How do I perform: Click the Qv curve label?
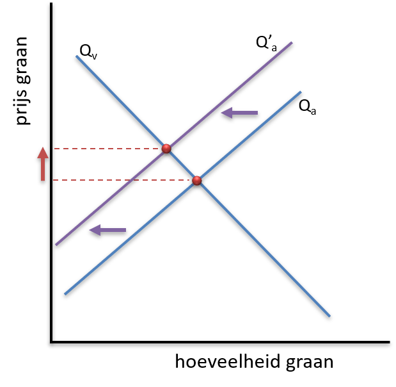click(88, 52)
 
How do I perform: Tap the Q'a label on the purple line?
click(266, 44)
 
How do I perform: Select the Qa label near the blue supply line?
click(307, 107)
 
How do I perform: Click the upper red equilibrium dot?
click(166, 149)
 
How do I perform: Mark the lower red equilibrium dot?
click(197, 181)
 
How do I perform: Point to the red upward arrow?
click(43, 164)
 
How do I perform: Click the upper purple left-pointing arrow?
click(239, 113)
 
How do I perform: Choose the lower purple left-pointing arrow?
click(108, 230)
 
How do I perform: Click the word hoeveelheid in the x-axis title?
click(228, 361)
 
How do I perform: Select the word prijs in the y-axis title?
click(23, 106)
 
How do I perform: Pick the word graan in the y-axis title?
click(22, 60)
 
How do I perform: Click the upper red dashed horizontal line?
click(108, 149)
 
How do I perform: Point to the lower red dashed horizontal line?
click(123, 180)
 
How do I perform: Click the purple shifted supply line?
click(174, 144)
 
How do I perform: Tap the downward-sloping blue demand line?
click(203, 186)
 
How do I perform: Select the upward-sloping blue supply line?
click(183, 193)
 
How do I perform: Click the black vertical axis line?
click(51, 172)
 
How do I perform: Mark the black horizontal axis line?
click(220, 342)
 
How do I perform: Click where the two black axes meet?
click(52, 342)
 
